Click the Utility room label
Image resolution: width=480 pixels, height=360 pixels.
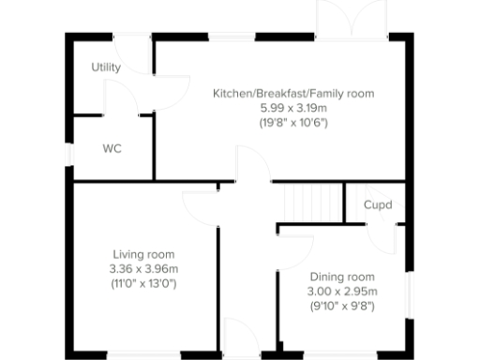pos(105,67)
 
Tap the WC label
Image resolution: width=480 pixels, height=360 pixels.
pos(112,148)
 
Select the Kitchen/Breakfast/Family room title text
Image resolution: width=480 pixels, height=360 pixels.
pos(292,93)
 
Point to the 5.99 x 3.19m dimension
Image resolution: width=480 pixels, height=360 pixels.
pos(292,108)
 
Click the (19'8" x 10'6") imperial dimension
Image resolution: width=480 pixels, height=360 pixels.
pos(292,123)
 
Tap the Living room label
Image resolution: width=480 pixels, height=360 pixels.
pos(143,254)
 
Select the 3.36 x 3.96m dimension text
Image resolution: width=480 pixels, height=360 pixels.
pos(143,269)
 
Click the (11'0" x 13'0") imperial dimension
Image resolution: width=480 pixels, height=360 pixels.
pos(143,283)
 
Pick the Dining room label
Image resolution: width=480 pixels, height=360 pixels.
pos(342,277)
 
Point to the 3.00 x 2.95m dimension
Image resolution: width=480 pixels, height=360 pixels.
pos(342,292)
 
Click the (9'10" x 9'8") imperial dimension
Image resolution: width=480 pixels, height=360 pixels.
pos(342,307)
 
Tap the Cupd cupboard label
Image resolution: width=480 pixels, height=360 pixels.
pos(377,204)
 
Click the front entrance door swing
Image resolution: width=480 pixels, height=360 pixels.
pos(246,343)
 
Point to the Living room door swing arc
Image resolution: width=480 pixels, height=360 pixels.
pos(200,207)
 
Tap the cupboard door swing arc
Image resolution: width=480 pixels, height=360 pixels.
pos(385,235)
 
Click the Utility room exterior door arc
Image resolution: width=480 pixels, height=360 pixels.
pos(139,58)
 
